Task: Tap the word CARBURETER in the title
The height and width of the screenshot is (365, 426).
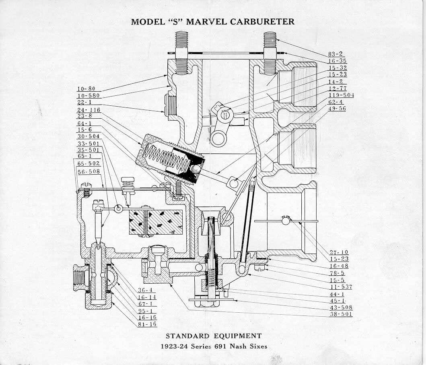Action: point(262,21)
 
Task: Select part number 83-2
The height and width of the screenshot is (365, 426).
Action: point(335,54)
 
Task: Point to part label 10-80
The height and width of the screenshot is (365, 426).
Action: point(86,89)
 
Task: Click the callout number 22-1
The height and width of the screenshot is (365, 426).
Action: point(84,102)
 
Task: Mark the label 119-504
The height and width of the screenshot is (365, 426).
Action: point(341,95)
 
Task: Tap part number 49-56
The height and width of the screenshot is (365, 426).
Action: point(337,108)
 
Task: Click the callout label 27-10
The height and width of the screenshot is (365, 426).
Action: point(339,252)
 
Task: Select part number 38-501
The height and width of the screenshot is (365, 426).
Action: point(341,314)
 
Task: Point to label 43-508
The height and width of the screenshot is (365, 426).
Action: point(341,308)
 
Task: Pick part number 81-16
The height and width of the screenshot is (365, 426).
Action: point(147,324)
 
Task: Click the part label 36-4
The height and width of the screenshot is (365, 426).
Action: point(145,290)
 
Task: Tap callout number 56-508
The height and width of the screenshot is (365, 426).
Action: point(89,172)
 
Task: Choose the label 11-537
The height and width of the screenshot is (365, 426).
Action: point(341,287)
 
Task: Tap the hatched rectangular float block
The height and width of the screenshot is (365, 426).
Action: point(156,221)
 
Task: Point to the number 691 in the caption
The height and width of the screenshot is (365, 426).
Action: point(221,346)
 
